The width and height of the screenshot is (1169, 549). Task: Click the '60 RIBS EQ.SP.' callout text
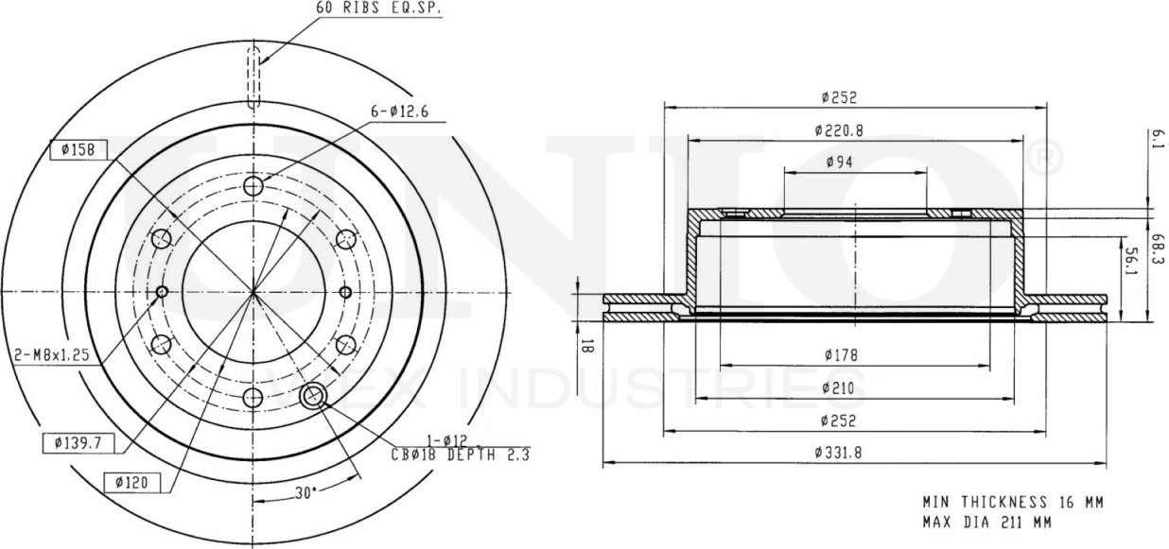[x=379, y=8]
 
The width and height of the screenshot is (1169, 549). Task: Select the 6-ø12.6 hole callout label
[x=400, y=112]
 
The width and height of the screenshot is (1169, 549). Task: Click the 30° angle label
[x=304, y=492]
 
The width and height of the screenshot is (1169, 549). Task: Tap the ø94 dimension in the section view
[x=839, y=163]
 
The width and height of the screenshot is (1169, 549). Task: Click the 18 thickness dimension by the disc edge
[x=586, y=346]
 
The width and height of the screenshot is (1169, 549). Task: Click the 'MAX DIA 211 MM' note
[x=986, y=521]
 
